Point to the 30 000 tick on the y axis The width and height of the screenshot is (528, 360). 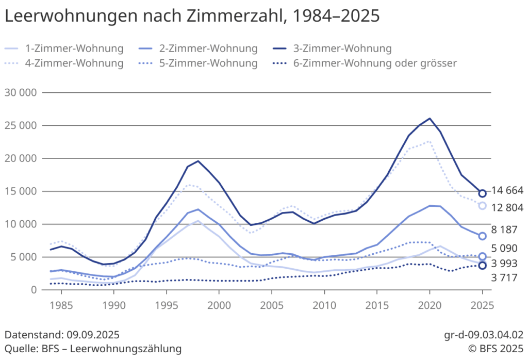(21, 93)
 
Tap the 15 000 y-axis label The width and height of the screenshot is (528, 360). (21, 191)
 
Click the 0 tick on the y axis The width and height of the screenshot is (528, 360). (34, 290)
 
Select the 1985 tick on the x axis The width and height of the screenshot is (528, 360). (61, 305)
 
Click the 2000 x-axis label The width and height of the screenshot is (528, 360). (219, 305)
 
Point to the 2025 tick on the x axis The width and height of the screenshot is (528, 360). (482, 305)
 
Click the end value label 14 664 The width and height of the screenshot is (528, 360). (507, 191)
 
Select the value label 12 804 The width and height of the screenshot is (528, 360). (507, 208)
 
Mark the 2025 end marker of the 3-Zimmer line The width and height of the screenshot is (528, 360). (482, 193)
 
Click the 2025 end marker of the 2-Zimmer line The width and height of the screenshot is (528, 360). (482, 236)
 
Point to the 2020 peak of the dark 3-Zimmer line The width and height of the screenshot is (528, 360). (430, 118)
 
